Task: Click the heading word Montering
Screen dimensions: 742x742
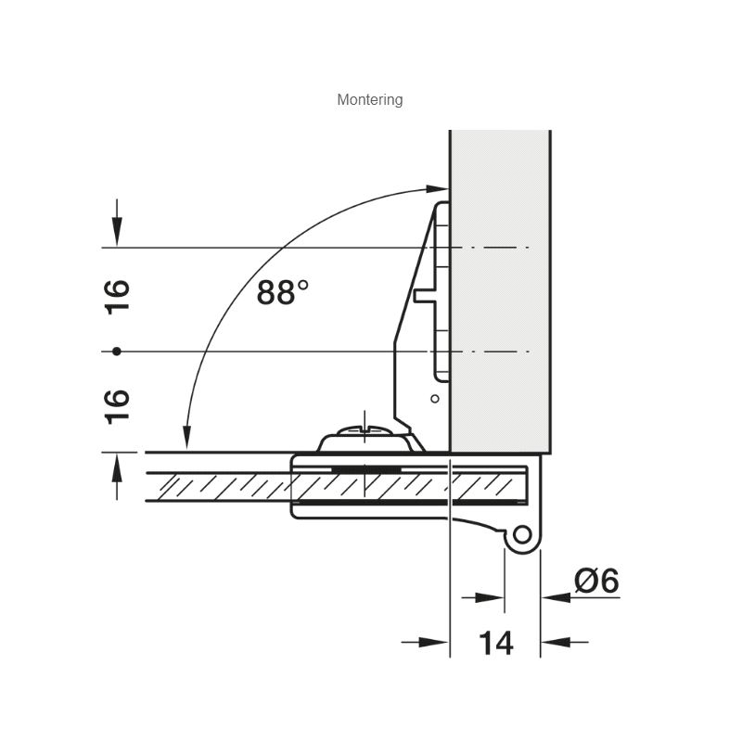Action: coord(369,100)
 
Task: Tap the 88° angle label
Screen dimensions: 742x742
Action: coord(283,291)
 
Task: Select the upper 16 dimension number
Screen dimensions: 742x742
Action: coord(117,297)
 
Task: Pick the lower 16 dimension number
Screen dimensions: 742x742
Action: coord(117,406)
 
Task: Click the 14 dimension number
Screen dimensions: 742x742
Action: coord(495,643)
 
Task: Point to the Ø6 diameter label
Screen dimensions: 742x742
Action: coord(596,581)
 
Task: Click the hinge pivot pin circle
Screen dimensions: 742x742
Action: coord(522,535)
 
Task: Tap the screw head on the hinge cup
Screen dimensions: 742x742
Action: coord(365,430)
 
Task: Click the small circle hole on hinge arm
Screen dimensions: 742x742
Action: coord(435,399)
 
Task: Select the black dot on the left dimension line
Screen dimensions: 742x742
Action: coord(117,352)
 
